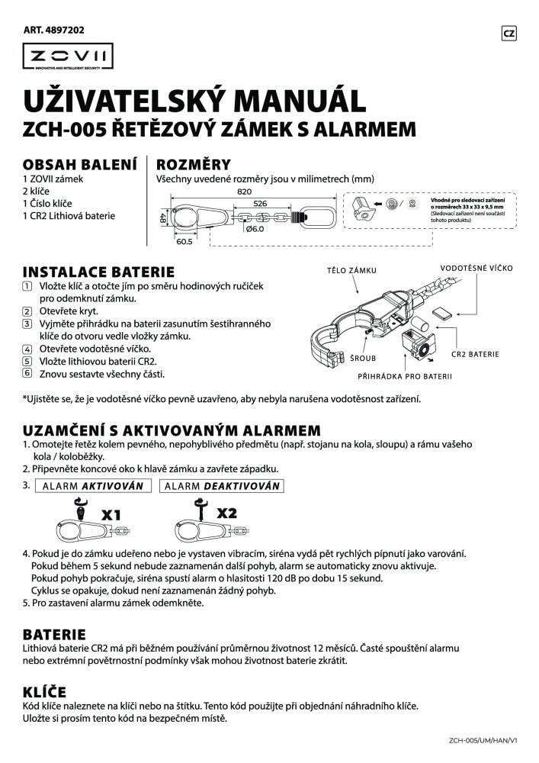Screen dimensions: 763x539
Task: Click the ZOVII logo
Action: (68, 56)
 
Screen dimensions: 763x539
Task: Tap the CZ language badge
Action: (510, 33)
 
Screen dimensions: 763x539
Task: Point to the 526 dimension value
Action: (260, 204)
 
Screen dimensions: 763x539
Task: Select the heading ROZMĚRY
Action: (194, 165)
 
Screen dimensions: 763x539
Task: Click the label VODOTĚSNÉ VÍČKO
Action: (476, 269)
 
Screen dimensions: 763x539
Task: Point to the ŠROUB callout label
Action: (369, 356)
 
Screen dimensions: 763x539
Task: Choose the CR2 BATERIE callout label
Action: (475, 354)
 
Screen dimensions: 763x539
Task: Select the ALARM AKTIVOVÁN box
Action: (95, 485)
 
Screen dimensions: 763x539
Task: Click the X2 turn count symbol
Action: (226, 513)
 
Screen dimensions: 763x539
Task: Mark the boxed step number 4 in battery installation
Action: (27, 349)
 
